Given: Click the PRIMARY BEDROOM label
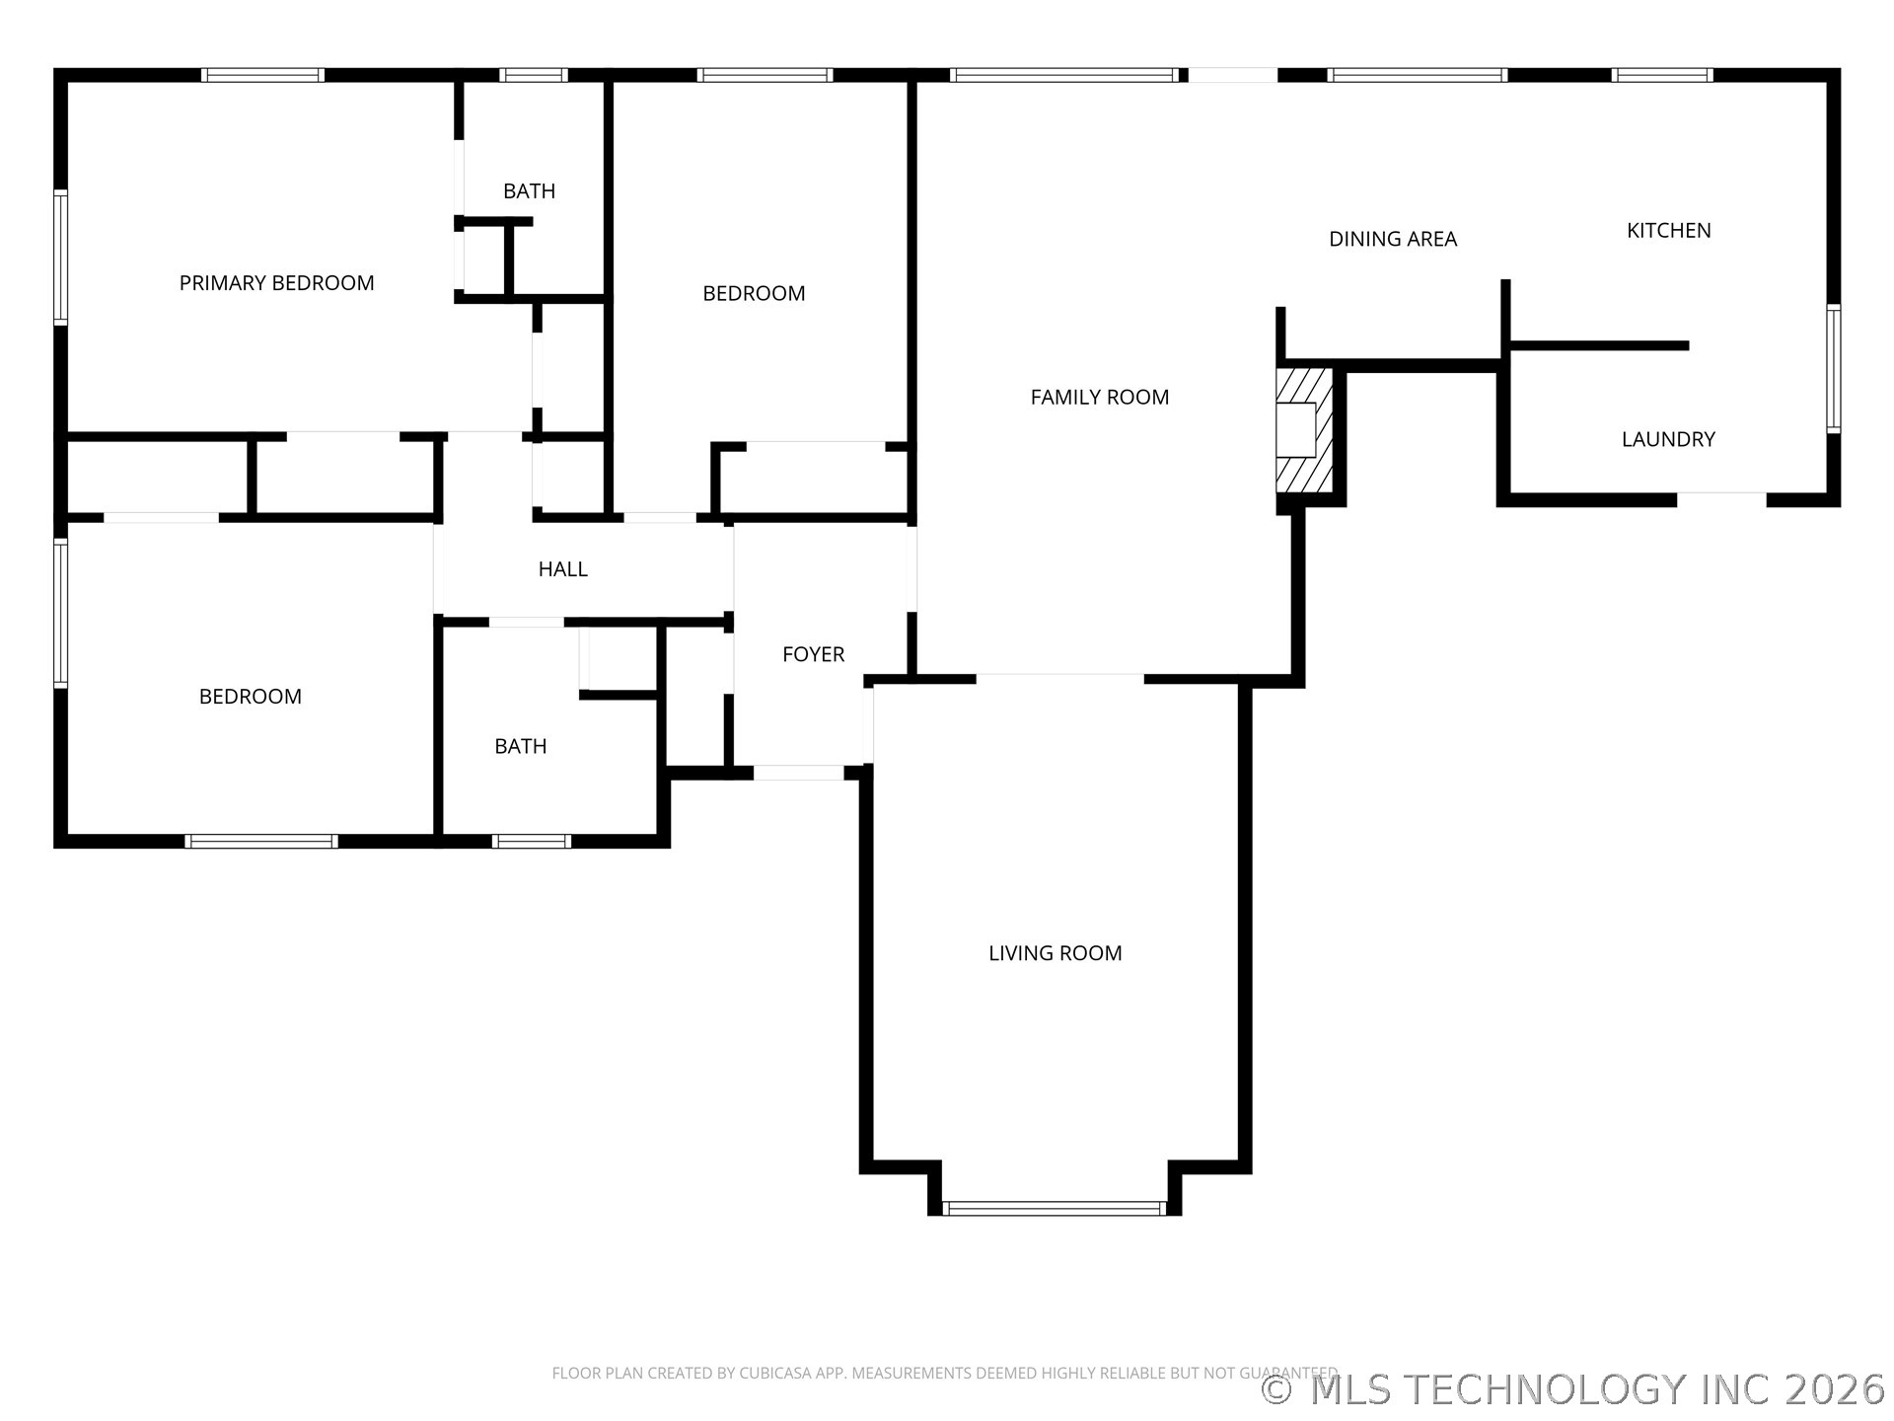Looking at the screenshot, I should click(x=276, y=283).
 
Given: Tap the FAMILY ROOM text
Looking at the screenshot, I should click(x=1099, y=397).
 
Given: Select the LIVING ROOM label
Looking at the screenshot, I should click(x=1055, y=952).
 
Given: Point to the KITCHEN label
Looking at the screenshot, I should click(x=1668, y=230).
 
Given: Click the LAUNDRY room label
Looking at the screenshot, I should click(x=1667, y=439).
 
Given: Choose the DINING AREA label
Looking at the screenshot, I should click(x=1392, y=239).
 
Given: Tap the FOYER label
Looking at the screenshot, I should click(x=813, y=654).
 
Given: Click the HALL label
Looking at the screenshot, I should click(x=562, y=568).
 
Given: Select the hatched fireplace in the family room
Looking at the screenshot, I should click(x=1304, y=430).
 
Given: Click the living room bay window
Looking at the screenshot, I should click(x=1054, y=1208).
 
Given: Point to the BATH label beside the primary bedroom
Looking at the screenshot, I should click(x=529, y=191).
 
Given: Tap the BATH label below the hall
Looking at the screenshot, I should click(x=520, y=746).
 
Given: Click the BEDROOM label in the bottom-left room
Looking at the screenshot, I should click(x=250, y=697).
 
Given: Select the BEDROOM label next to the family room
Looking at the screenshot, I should click(x=754, y=293).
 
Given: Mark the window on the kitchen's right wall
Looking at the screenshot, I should click(x=1833, y=369).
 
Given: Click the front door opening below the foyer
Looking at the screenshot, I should click(x=799, y=773).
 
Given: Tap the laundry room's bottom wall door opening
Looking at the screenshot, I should click(x=1720, y=499).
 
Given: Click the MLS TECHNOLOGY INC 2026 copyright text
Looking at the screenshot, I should click(x=1574, y=1389).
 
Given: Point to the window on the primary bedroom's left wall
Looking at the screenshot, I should click(x=60, y=258).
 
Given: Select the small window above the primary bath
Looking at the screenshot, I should click(x=533, y=75).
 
